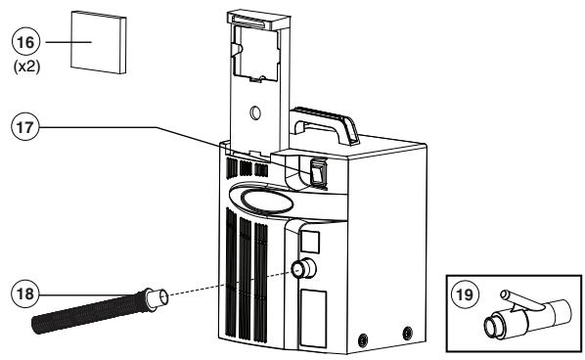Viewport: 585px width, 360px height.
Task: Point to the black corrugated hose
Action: coord(88,311)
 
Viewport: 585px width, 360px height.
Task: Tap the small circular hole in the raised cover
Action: coord(256,113)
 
